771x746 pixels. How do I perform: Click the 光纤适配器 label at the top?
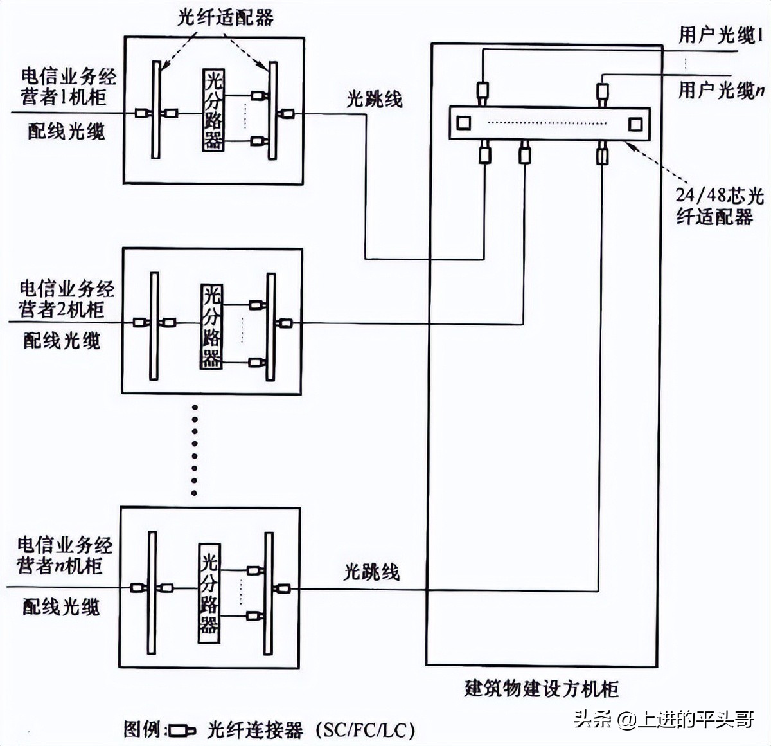[x=226, y=17]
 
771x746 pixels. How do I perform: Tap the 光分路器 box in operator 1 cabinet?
[x=213, y=110]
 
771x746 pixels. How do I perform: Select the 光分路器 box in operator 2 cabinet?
[x=211, y=326]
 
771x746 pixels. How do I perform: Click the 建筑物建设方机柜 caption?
[x=541, y=689]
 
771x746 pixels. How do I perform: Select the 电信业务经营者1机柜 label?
[x=68, y=87]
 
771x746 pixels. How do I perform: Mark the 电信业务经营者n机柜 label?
[x=64, y=556]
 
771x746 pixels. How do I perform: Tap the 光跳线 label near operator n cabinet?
[x=371, y=572]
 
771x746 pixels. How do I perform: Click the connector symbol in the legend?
[x=182, y=730]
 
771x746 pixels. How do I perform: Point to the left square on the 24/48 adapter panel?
[x=463, y=123]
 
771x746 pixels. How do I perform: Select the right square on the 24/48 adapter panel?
[x=635, y=123]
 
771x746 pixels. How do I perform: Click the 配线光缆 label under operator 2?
[x=62, y=340]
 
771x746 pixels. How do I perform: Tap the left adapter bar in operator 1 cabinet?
[x=156, y=110]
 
